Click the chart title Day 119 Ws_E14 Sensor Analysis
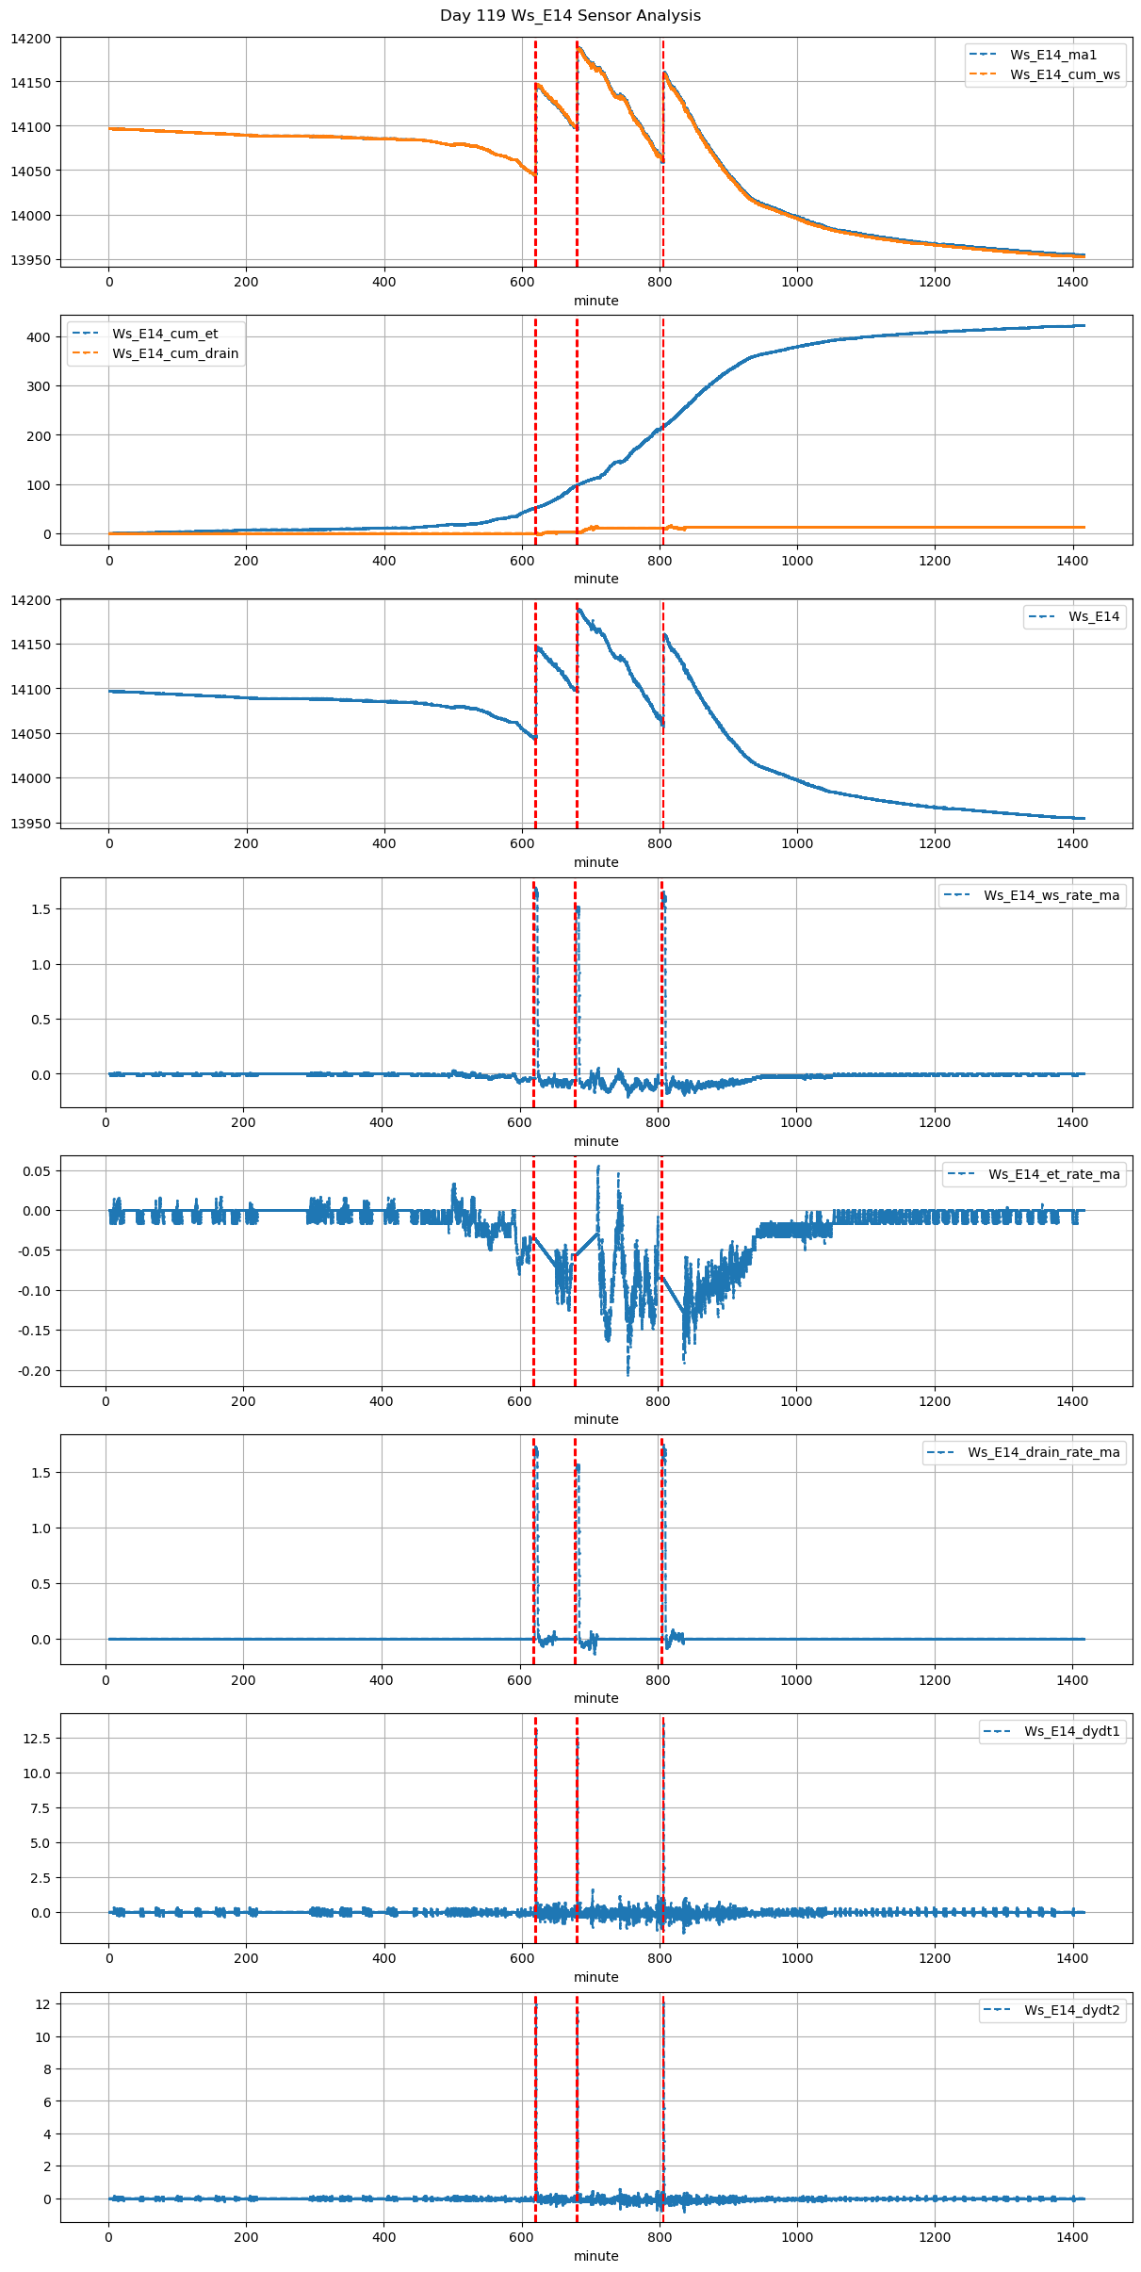click(x=570, y=16)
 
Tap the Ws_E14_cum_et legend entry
click(x=165, y=334)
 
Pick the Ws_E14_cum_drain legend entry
click(x=175, y=353)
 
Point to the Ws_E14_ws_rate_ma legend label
click(x=1051, y=895)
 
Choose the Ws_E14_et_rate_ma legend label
click(x=1053, y=1174)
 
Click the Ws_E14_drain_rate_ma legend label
click(x=1043, y=1452)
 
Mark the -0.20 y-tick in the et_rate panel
click(x=33, y=1370)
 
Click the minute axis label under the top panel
click(x=596, y=301)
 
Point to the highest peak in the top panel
click(x=578, y=45)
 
